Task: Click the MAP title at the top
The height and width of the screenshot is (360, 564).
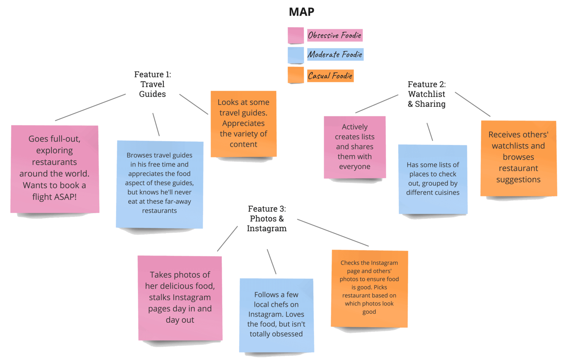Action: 302,12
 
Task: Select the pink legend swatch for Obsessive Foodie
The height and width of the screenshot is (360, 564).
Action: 296,35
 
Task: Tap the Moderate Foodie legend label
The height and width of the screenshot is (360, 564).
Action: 335,54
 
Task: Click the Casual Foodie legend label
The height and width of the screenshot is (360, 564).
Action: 330,76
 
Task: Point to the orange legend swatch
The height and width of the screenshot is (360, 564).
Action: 296,75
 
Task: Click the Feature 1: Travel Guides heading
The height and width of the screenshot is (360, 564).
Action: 153,84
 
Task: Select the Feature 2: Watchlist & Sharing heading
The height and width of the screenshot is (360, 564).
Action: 426,94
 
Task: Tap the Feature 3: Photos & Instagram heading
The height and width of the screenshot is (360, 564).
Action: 267,218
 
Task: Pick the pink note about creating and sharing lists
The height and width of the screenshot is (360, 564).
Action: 355,147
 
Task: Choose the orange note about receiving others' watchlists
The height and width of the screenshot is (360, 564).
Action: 519,158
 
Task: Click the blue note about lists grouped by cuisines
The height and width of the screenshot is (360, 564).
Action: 433,179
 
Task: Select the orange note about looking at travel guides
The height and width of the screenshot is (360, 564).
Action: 244,124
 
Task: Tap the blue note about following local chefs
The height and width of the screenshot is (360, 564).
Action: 276,315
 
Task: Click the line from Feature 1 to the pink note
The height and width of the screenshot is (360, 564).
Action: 90,107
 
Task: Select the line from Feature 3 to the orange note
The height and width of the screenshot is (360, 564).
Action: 333,233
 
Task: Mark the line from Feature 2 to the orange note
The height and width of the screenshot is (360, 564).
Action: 473,104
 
